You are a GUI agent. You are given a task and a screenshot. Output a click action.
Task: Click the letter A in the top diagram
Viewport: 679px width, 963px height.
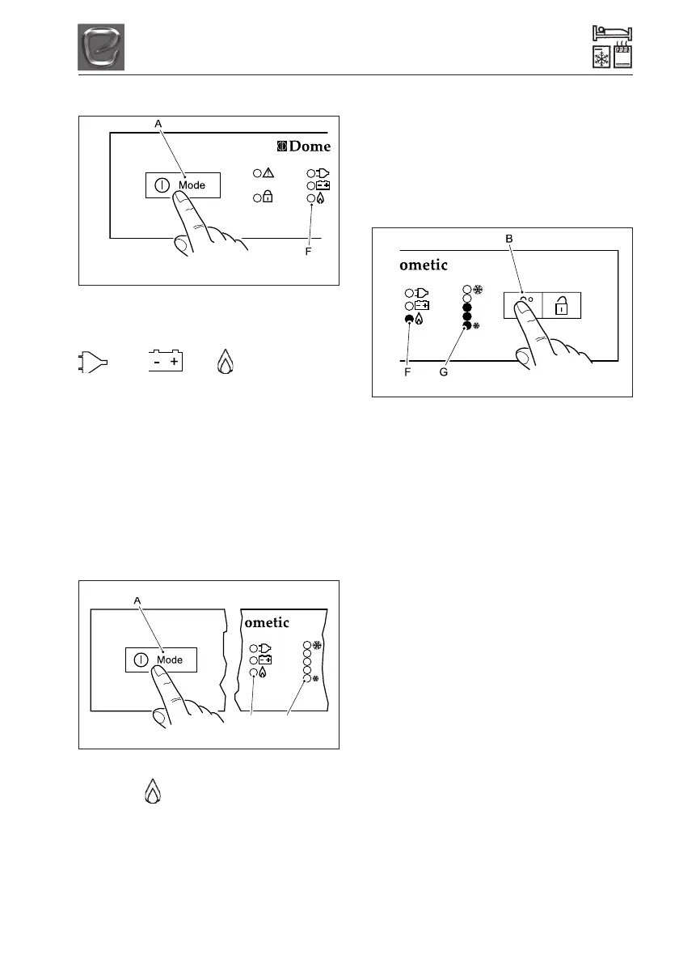pos(158,124)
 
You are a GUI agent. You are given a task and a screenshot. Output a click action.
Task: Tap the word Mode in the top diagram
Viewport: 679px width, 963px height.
pos(192,185)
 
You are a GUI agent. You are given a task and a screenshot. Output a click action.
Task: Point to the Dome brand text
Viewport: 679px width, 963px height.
pos(303,146)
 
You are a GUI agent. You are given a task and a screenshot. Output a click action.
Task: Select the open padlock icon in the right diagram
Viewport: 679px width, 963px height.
pos(562,306)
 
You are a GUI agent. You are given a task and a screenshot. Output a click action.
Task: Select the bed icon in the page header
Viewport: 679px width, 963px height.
pos(612,34)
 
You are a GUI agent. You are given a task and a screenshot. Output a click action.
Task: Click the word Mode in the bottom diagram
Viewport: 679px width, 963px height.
pos(170,660)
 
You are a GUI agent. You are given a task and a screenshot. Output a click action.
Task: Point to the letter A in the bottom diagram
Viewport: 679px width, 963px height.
pos(137,600)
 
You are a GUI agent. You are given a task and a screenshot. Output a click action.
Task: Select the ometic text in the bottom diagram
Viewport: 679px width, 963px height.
pos(266,621)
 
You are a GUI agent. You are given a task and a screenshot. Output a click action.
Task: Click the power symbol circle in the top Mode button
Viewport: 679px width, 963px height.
pos(162,185)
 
